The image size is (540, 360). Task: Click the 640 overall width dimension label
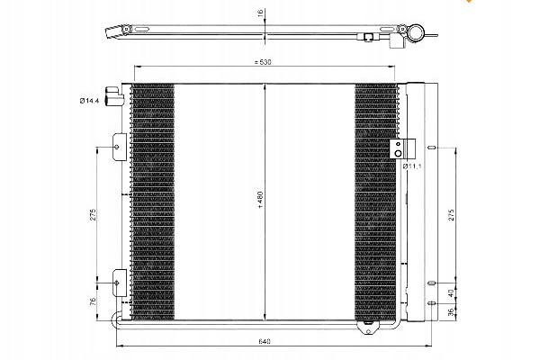pyautogui.click(x=264, y=341)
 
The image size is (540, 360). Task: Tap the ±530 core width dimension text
pyautogui.click(x=263, y=62)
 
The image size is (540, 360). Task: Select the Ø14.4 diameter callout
pyautogui.click(x=89, y=101)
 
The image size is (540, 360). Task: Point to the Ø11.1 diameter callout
pyautogui.click(x=412, y=166)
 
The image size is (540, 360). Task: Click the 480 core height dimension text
pyautogui.click(x=260, y=200)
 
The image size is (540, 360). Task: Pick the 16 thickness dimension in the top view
pyautogui.click(x=260, y=13)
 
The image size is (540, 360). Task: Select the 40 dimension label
pyautogui.click(x=451, y=293)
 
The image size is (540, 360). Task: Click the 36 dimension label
pyautogui.click(x=451, y=312)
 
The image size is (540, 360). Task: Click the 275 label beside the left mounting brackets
pyautogui.click(x=93, y=214)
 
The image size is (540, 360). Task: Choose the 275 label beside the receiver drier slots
pyautogui.click(x=452, y=214)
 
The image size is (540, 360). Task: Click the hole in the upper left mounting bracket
pyautogui.click(x=117, y=147)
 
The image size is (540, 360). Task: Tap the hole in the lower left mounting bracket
pyautogui.click(x=116, y=283)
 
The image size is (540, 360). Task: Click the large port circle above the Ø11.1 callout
pyautogui.click(x=398, y=153)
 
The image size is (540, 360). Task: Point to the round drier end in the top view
pyautogui.click(x=416, y=33)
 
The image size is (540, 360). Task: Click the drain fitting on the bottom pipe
pyautogui.click(x=368, y=327)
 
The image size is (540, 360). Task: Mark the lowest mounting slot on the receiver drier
pyautogui.click(x=432, y=303)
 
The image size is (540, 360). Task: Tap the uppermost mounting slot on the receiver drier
pyautogui.click(x=432, y=148)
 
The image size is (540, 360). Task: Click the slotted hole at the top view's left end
pyautogui.click(x=142, y=30)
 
